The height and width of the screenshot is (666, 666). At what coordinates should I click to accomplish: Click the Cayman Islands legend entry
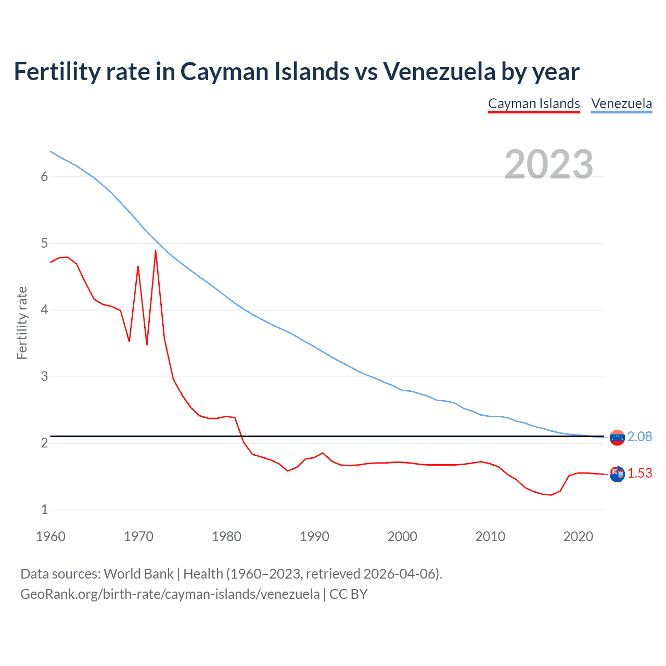(x=534, y=104)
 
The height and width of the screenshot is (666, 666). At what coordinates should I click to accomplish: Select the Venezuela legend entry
(x=621, y=104)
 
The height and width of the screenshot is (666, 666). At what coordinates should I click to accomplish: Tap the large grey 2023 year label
(x=549, y=164)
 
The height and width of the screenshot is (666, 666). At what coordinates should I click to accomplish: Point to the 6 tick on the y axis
(x=44, y=177)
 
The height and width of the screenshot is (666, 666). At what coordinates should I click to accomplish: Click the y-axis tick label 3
(x=44, y=376)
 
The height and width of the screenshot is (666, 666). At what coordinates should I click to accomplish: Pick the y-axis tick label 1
(x=44, y=509)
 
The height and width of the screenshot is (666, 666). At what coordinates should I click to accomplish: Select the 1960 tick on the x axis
(x=50, y=536)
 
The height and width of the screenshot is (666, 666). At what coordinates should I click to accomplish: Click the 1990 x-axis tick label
(x=314, y=536)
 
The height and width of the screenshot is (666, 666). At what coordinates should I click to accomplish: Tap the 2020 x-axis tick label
(x=578, y=536)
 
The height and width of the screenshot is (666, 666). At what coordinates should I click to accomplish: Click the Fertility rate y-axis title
(x=22, y=323)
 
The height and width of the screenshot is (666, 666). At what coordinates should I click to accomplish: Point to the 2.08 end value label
(x=639, y=437)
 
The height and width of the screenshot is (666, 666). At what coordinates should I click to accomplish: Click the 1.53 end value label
(x=639, y=473)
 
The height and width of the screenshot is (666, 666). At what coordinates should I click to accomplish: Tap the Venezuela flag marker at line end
(x=617, y=438)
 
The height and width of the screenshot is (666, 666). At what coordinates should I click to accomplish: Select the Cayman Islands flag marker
(x=617, y=474)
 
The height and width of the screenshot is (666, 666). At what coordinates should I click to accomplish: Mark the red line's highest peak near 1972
(x=156, y=251)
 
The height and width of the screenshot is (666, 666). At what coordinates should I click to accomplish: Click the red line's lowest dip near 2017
(x=551, y=495)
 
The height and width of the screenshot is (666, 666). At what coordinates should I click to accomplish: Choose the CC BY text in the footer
(x=349, y=594)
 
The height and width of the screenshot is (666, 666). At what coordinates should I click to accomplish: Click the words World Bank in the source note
(x=138, y=574)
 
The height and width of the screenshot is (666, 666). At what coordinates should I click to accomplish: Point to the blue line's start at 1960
(x=50, y=151)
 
